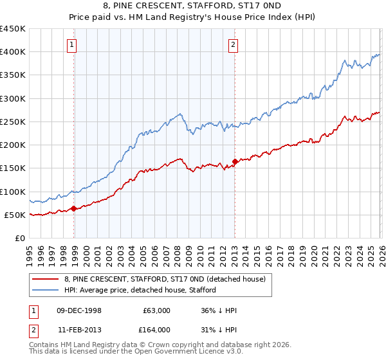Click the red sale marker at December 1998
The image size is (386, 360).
74,208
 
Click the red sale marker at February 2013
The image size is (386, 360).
235,161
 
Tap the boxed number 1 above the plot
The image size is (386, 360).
71,45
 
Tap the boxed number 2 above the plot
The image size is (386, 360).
232,45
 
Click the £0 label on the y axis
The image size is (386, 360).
19,238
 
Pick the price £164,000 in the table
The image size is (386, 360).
157,330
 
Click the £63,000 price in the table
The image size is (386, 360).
157,310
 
